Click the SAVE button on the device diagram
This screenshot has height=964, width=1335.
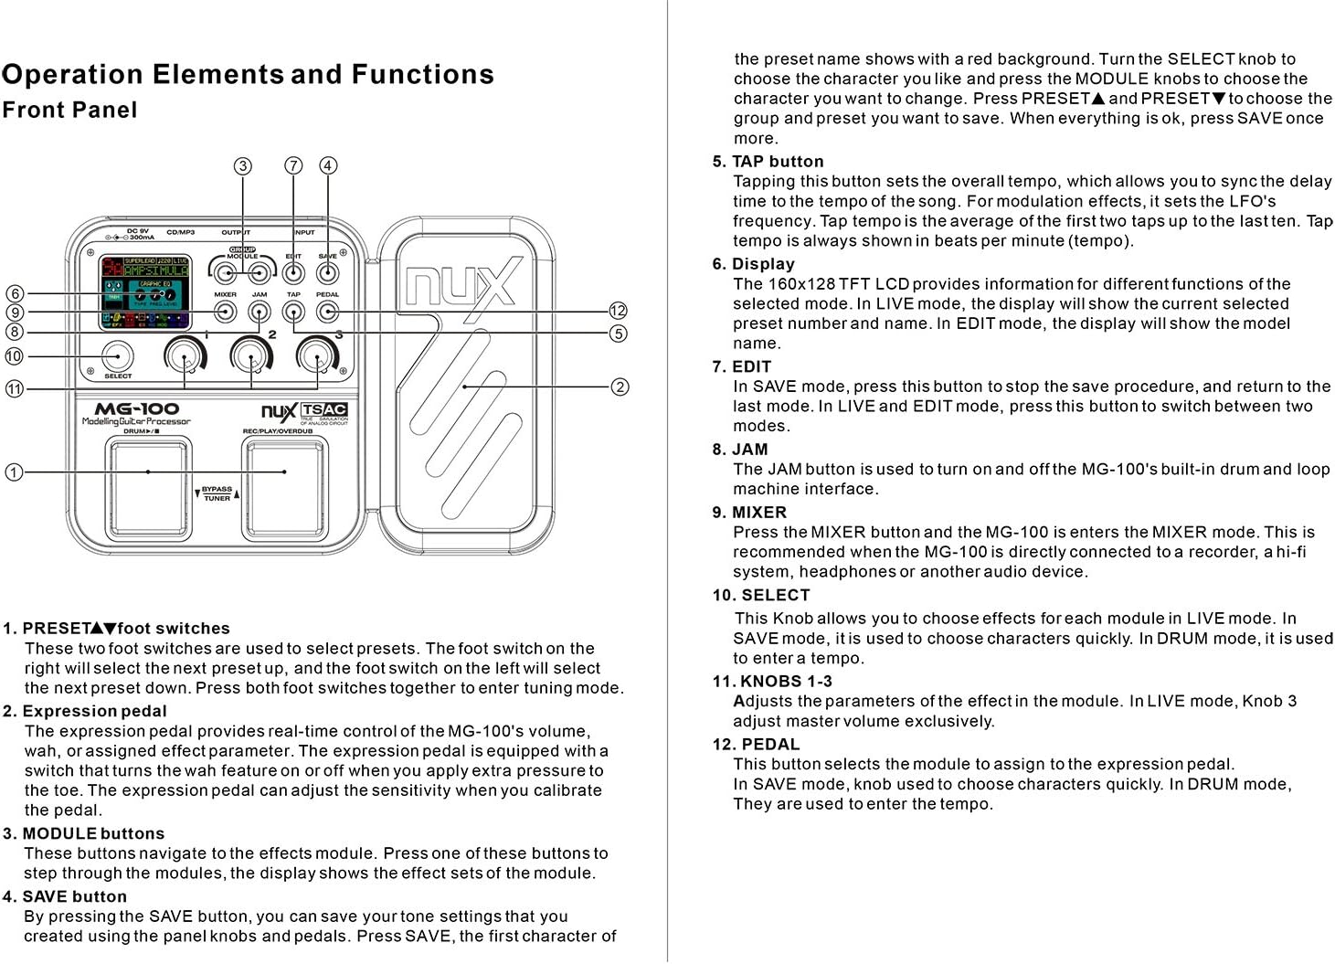click(327, 272)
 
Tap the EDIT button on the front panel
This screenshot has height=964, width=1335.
click(293, 272)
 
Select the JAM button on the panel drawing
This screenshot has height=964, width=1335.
click(260, 312)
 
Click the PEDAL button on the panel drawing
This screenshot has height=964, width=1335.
click(327, 312)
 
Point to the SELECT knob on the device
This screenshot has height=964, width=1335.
click(117, 356)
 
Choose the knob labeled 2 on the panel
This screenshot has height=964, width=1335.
click(251, 355)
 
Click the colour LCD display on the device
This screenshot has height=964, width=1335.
click(144, 291)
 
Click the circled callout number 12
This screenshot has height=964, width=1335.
click(619, 311)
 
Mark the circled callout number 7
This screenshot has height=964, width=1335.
click(293, 165)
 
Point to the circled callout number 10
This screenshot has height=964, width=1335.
click(14, 356)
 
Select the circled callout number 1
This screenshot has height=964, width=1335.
click(14, 472)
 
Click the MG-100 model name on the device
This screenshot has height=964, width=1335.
click(137, 408)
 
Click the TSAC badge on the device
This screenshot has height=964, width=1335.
click(324, 410)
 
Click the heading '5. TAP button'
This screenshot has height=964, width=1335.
click(768, 162)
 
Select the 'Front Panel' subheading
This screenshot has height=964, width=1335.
click(69, 111)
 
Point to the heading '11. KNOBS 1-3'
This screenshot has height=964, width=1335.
click(772, 682)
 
